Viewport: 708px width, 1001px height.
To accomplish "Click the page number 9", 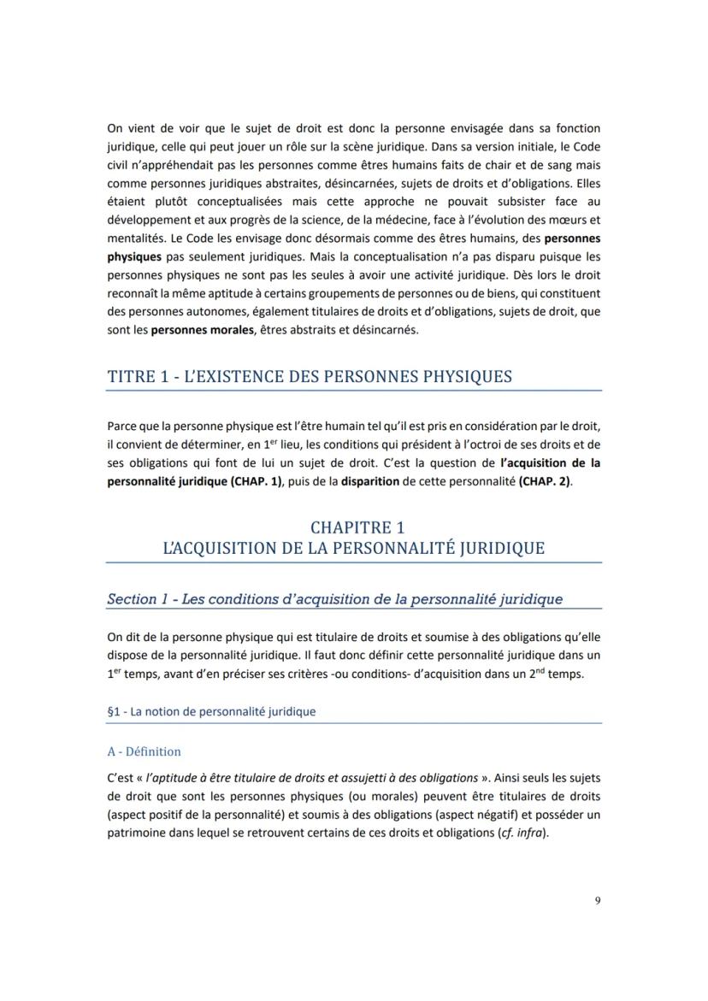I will pyautogui.click(x=598, y=899).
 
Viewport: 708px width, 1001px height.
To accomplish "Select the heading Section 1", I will pyautogui.click(x=137, y=598).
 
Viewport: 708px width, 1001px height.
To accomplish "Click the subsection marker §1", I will pyautogui.click(x=113, y=711).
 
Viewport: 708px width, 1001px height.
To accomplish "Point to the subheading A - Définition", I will pyautogui.click(x=144, y=751).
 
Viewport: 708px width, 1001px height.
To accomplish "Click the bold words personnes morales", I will pyautogui.click(x=203, y=330).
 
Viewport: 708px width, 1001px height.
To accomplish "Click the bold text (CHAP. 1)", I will pyautogui.click(x=257, y=481).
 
